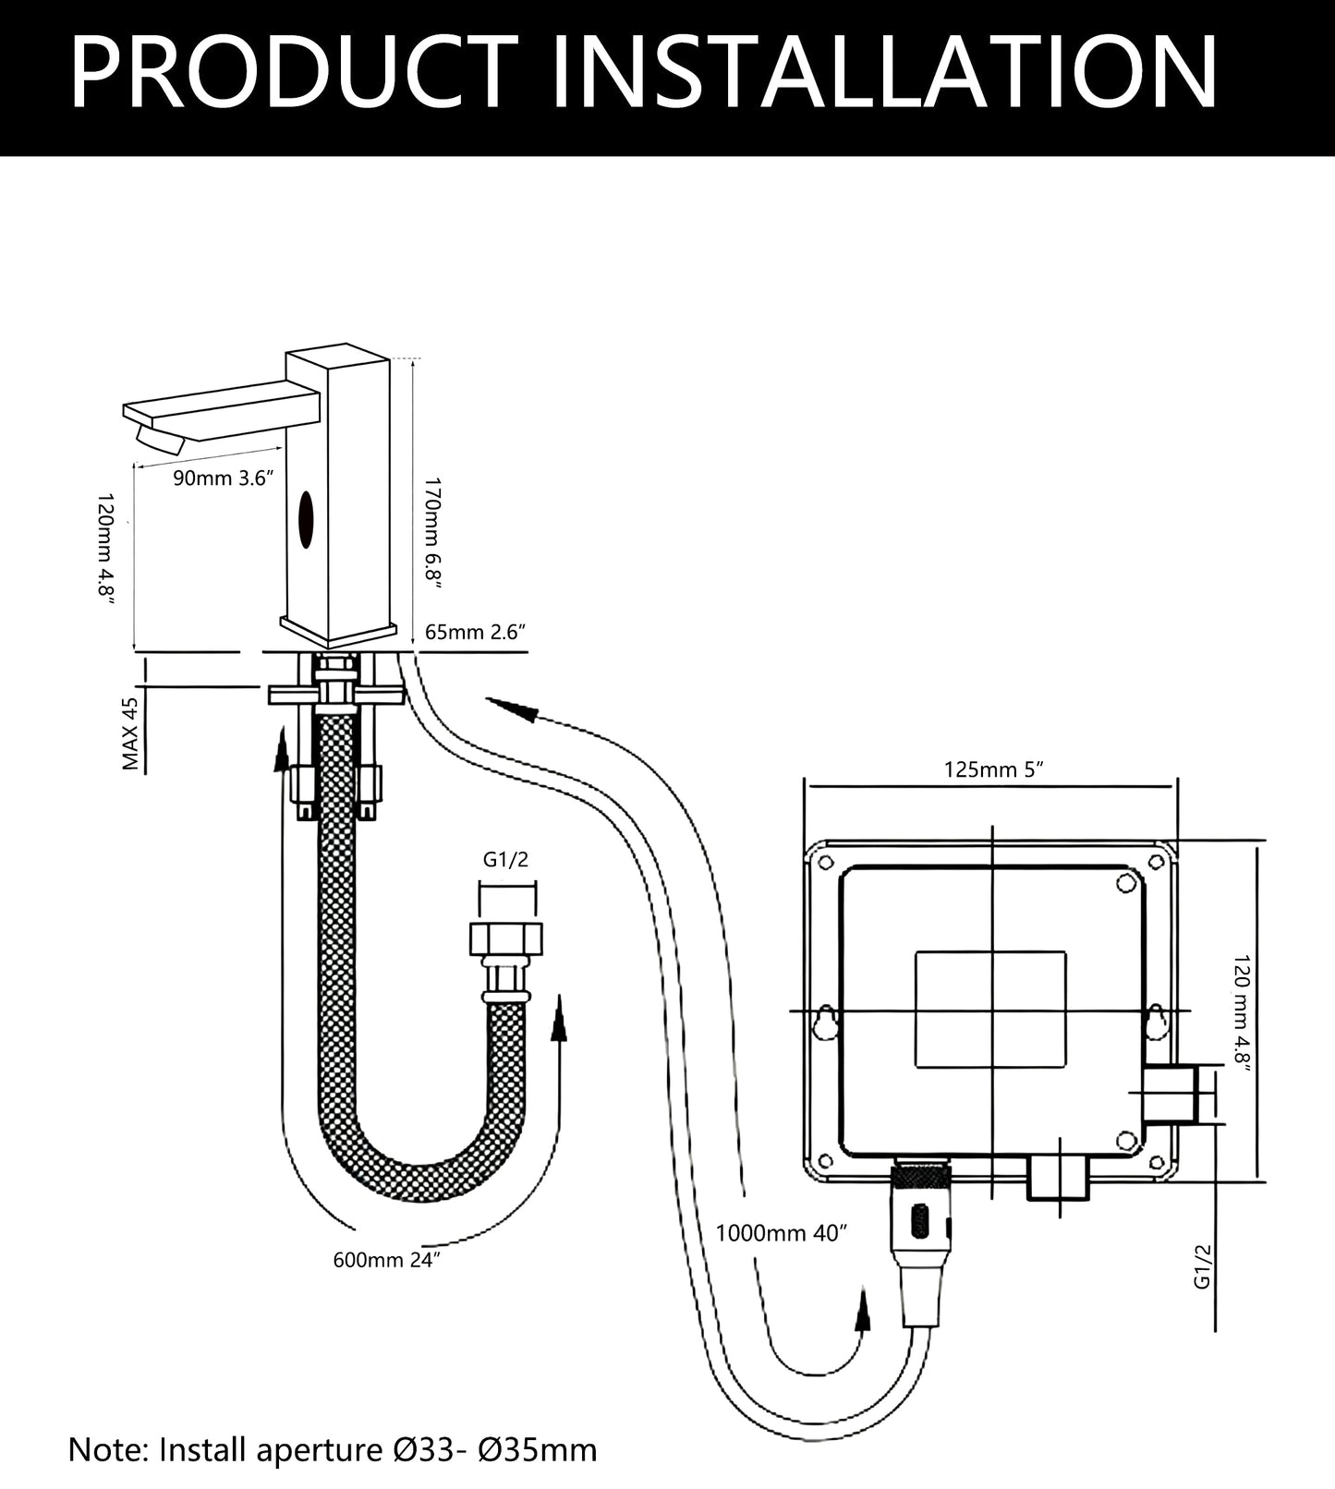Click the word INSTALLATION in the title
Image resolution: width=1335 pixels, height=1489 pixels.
point(884,74)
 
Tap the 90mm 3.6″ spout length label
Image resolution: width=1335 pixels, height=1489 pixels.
point(225,479)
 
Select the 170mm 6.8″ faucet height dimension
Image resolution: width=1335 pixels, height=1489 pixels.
point(432,529)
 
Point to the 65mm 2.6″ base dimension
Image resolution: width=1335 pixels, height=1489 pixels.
point(475,633)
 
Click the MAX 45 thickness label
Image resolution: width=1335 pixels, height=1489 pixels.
point(131,733)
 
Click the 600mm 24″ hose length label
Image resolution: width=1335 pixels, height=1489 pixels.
point(386,1260)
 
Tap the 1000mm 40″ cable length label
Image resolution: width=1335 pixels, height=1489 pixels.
point(781,1233)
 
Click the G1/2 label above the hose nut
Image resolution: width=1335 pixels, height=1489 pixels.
point(506,860)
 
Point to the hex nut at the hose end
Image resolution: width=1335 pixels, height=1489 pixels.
point(506,940)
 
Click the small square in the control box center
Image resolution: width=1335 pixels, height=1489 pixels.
point(990,1011)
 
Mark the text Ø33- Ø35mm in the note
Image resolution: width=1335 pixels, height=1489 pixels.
point(490,1449)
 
